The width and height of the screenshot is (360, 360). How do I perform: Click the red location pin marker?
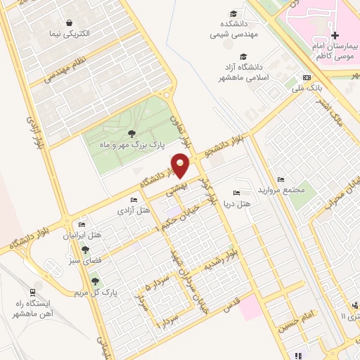pyautogui.click(x=181, y=165)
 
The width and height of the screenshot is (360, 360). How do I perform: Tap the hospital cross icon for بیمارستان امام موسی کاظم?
pyautogui.click(x=335, y=35)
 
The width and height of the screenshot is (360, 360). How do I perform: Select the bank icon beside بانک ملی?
pyautogui.click(x=306, y=77)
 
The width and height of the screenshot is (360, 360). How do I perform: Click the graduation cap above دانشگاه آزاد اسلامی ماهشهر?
pyautogui.click(x=243, y=57)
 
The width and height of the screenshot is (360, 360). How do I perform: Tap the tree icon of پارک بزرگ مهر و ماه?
pyautogui.click(x=131, y=133)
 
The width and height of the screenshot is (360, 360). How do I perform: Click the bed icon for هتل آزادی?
pyautogui.click(x=134, y=200)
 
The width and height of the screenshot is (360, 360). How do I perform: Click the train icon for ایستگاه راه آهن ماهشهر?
pyautogui.click(x=32, y=292)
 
